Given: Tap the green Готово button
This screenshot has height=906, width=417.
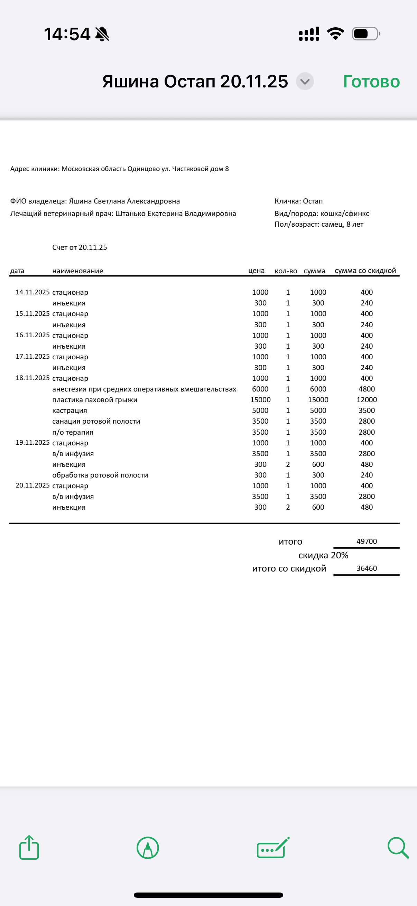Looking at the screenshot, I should [371, 82].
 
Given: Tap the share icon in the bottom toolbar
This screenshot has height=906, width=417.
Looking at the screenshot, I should [29, 848].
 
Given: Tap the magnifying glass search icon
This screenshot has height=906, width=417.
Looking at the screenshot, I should [398, 848].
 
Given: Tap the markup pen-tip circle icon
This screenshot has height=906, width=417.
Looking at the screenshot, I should [148, 848].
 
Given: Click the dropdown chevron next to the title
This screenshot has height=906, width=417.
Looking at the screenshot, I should [305, 82].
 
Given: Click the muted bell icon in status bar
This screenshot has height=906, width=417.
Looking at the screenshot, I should [102, 34].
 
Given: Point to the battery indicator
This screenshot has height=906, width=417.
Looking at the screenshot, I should [365, 34].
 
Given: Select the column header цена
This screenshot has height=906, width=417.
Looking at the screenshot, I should [256, 271].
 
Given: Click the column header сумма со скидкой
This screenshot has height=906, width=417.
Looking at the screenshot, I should [365, 271].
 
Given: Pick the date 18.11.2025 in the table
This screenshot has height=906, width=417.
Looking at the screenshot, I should [33, 378].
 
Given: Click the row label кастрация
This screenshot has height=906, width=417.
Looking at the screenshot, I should [70, 410].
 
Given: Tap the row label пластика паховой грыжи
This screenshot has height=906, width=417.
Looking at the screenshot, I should [95, 399].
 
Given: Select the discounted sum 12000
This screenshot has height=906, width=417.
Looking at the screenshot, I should [366, 399].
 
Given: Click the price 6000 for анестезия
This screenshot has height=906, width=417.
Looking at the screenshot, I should [260, 389].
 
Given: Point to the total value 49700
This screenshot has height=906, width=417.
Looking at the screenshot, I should [366, 541].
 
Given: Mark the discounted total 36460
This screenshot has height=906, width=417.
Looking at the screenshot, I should [366, 568].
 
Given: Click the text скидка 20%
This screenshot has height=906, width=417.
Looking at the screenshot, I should [323, 555].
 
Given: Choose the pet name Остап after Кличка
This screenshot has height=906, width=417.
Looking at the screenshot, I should [313, 201].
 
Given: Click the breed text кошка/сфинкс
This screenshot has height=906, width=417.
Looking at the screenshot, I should [344, 214].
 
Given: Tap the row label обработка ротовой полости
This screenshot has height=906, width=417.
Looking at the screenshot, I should [100, 475].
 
